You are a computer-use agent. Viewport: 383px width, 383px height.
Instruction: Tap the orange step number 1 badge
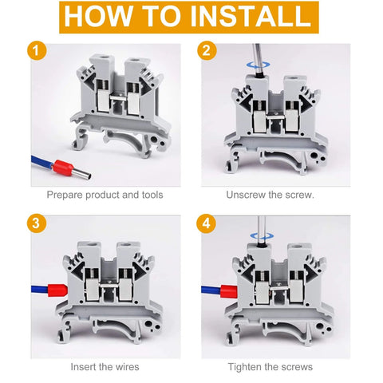click(34, 51)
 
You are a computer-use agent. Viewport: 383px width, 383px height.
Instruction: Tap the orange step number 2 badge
click(208, 51)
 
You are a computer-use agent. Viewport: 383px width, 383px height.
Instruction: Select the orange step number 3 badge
click(34, 223)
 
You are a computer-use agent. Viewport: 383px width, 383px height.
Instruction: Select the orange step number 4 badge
click(208, 223)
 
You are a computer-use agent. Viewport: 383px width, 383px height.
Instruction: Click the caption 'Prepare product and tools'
click(105, 195)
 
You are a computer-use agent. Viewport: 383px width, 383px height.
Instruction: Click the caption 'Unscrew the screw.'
click(270, 195)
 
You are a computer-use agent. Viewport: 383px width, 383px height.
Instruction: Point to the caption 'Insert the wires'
click(105, 366)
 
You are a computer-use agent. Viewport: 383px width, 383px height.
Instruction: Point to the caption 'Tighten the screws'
click(270, 366)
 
